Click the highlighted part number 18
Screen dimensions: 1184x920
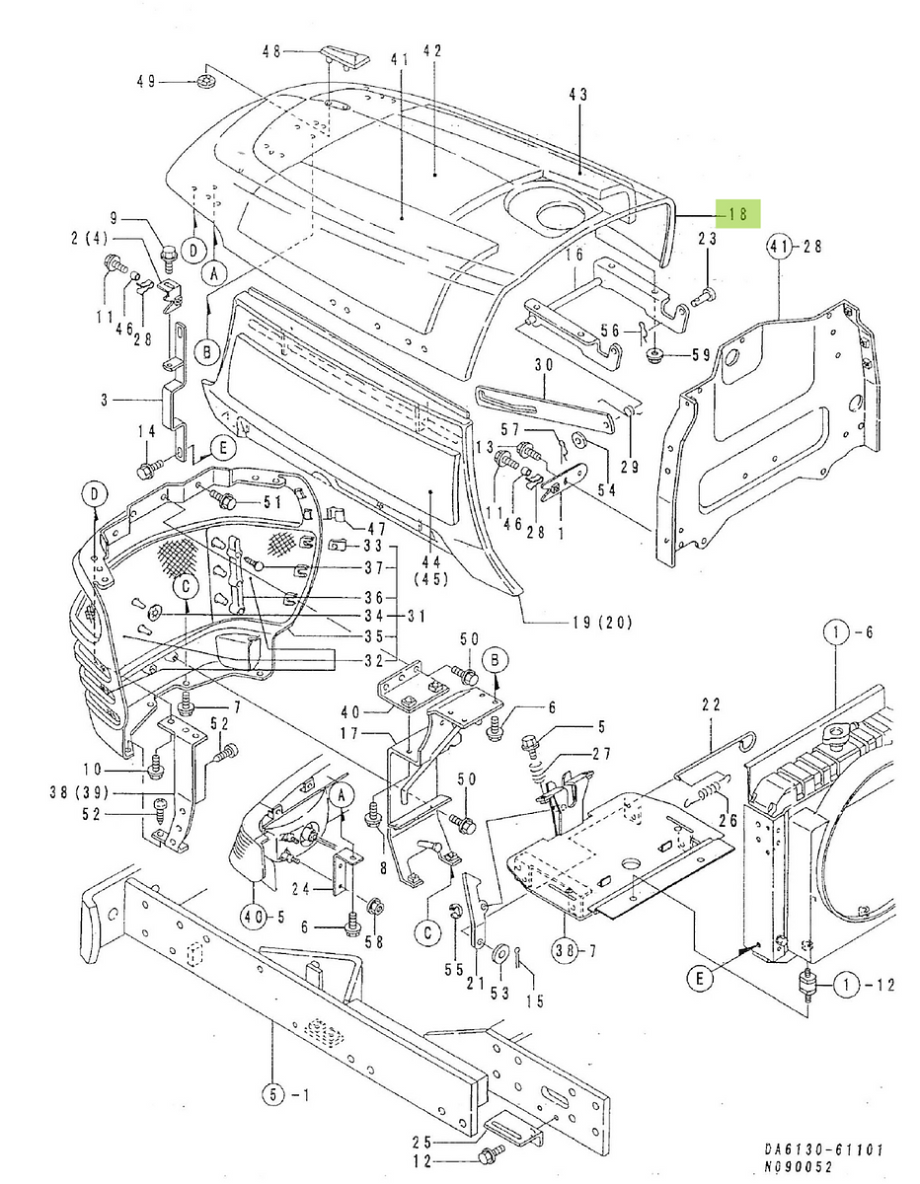tap(736, 213)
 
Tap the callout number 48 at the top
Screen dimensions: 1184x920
tap(271, 51)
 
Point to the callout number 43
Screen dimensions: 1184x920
tap(578, 94)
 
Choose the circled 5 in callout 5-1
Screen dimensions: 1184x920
tap(272, 1092)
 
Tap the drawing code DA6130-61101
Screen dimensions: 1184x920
tap(823, 1150)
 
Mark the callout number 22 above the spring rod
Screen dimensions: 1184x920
tap(712, 704)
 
